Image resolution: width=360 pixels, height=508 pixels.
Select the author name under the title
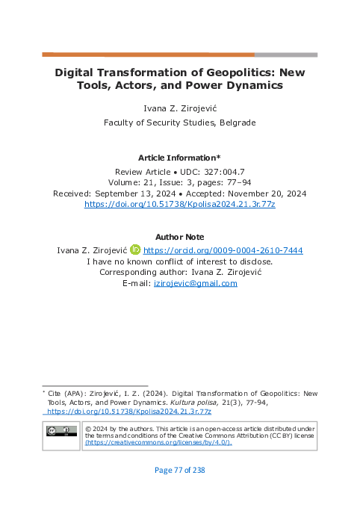[x=179, y=108]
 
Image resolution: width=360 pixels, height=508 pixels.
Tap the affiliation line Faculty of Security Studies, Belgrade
[x=179, y=122]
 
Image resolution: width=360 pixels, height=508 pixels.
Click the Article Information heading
[x=179, y=157]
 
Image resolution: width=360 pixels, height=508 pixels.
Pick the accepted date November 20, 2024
[x=265, y=193]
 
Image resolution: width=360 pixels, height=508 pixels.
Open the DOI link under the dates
[x=179, y=204]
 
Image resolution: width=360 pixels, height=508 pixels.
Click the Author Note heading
[x=179, y=237]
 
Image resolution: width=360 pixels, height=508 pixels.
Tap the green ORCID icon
[x=134, y=250]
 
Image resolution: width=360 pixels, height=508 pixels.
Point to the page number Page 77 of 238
[x=179, y=470]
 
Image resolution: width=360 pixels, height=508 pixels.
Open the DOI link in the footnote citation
[x=129, y=411]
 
